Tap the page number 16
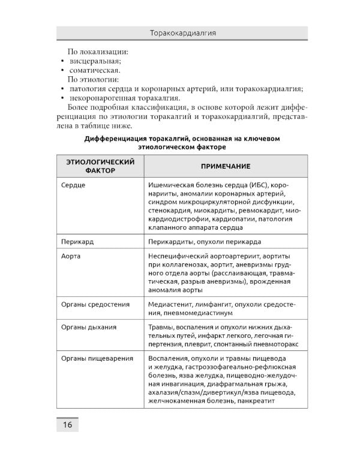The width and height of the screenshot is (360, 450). tap(67, 425)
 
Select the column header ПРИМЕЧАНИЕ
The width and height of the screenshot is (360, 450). tap(226, 166)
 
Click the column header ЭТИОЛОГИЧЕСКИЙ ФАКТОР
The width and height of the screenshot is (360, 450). tap(100, 166)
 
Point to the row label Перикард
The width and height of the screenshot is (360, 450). tap(77, 242)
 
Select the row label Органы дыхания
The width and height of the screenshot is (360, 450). tap(89, 328)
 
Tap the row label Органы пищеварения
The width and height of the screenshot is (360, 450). tap(97, 358)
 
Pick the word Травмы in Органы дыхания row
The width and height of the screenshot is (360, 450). tap(160, 328)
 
